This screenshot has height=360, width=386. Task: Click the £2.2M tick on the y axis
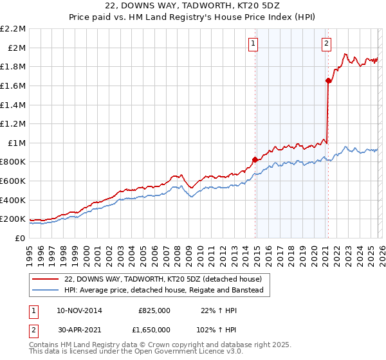(x=13, y=29)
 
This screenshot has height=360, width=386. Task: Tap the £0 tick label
(x=21, y=238)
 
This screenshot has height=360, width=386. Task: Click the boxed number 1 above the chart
(x=253, y=44)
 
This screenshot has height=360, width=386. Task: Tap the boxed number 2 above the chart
(x=326, y=44)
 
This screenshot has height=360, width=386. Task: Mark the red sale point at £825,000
(x=255, y=159)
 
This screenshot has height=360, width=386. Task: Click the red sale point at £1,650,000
(x=328, y=81)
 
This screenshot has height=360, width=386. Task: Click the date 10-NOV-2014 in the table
(x=79, y=310)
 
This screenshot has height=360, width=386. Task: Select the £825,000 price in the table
(x=154, y=310)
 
